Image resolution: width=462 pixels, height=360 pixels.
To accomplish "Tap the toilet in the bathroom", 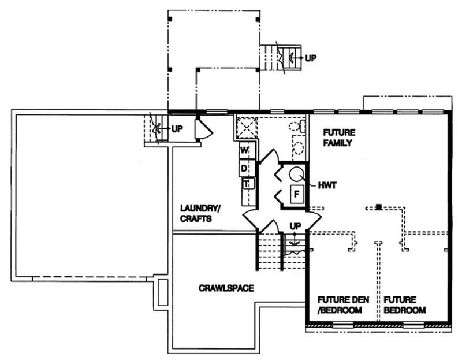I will pyautogui.click(x=295, y=126).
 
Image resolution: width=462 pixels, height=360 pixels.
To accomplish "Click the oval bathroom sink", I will pyautogui.click(x=299, y=147).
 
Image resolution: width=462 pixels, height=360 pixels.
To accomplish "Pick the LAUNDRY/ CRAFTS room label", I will pyautogui.click(x=199, y=213).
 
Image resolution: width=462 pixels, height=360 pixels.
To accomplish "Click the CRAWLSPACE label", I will pyautogui.click(x=226, y=287).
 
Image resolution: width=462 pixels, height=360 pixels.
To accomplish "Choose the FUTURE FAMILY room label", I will pyautogui.click(x=338, y=137).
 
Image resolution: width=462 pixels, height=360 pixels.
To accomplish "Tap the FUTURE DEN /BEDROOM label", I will pyautogui.click(x=340, y=305).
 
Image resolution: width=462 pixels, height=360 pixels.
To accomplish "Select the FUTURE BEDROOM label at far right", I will pyautogui.click(x=404, y=305).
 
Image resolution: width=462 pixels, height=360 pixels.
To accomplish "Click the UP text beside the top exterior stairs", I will pyautogui.click(x=311, y=58).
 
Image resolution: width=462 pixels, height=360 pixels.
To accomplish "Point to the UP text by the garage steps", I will pyautogui.click(x=176, y=128).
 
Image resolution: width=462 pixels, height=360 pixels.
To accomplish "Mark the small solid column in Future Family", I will pyautogui.click(x=378, y=206).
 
